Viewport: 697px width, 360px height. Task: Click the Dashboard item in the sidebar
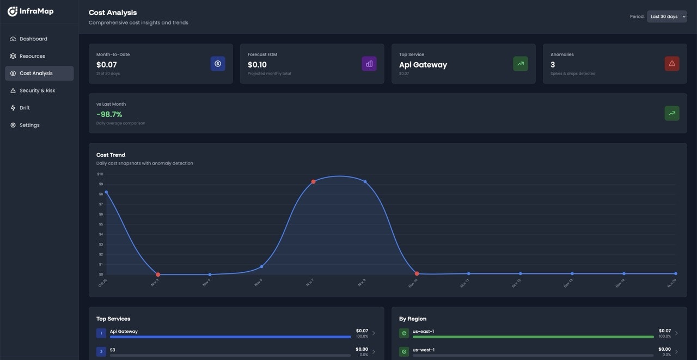pyautogui.click(x=33, y=39)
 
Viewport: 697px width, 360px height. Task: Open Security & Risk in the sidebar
pyautogui.click(x=37, y=90)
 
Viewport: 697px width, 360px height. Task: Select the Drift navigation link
pyautogui.click(x=25, y=108)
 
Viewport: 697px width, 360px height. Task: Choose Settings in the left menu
pyautogui.click(x=29, y=125)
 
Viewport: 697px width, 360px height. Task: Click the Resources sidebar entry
pyautogui.click(x=32, y=56)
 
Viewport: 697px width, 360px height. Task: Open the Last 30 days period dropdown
pyautogui.click(x=667, y=16)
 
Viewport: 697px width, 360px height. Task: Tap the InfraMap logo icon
pyautogui.click(x=13, y=11)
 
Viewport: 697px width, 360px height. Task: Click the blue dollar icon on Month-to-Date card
pyautogui.click(x=218, y=64)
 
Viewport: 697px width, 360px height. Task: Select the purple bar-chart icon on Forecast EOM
pyautogui.click(x=369, y=64)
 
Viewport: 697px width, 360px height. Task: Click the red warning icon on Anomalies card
pyautogui.click(x=672, y=64)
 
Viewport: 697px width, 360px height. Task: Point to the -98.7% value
pyautogui.click(x=109, y=114)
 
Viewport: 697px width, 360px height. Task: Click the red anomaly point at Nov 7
pyautogui.click(x=313, y=181)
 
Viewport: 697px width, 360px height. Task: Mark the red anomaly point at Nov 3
pyautogui.click(x=158, y=274)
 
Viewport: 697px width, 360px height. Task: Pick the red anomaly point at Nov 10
pyautogui.click(x=417, y=273)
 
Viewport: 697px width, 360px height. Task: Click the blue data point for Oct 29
pyautogui.click(x=106, y=192)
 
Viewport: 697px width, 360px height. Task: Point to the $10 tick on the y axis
pyautogui.click(x=100, y=174)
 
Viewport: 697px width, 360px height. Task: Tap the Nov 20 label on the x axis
pyautogui.click(x=671, y=283)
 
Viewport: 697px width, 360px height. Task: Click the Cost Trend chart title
pyautogui.click(x=111, y=155)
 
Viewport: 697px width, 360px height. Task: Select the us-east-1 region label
pyautogui.click(x=423, y=331)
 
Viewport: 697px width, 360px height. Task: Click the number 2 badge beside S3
pyautogui.click(x=101, y=352)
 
